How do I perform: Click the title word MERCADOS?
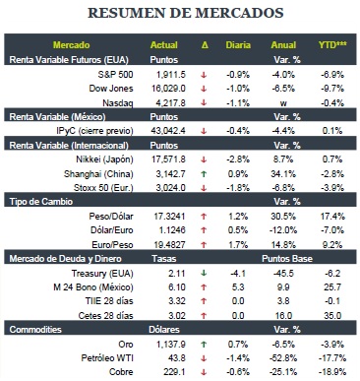point(239,13)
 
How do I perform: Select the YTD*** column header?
point(332,44)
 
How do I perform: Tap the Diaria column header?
point(238,45)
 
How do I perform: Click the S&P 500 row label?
point(115,75)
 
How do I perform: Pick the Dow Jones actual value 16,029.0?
point(168,89)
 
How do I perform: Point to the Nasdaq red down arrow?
point(204,102)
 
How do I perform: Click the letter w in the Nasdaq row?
point(283,103)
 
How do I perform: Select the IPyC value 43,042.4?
point(168,131)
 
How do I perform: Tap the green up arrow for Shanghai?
point(204,174)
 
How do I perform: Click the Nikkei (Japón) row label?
point(104,159)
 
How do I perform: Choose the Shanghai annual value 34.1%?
point(283,174)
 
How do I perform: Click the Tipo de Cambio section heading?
point(41,202)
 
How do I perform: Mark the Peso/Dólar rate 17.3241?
point(169,217)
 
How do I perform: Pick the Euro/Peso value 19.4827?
point(169,245)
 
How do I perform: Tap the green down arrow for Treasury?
point(204,273)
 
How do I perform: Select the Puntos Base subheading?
point(287,259)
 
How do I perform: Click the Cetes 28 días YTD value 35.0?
point(332,316)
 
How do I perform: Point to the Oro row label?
point(126,345)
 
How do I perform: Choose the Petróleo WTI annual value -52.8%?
point(283,358)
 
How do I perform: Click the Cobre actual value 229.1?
point(174,372)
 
